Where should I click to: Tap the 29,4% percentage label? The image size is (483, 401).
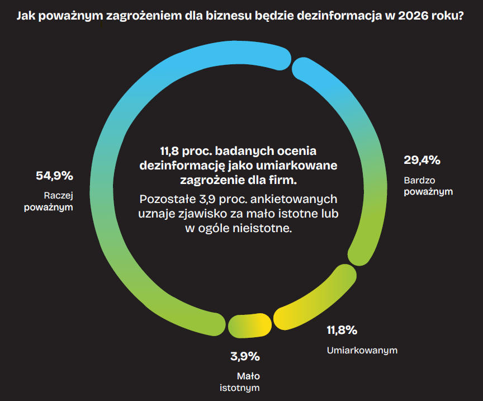point(422,161)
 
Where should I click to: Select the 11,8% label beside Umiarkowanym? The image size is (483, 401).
point(342,330)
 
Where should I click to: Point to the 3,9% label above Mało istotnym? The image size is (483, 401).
point(245,356)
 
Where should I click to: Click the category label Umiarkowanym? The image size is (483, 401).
point(362,351)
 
